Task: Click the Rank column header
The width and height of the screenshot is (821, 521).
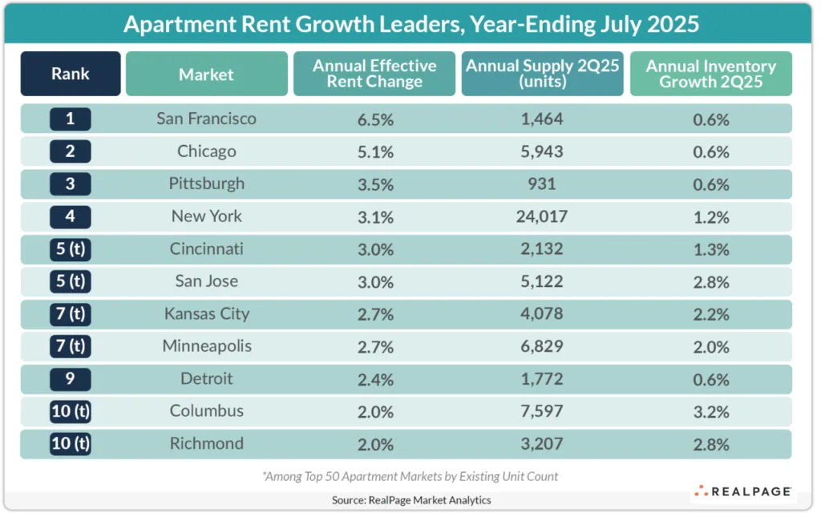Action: click(x=71, y=74)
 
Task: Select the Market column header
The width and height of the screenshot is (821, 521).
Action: click(x=206, y=75)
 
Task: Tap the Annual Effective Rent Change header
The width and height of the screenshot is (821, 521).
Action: click(x=374, y=74)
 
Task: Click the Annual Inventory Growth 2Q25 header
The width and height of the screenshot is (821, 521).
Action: click(x=710, y=74)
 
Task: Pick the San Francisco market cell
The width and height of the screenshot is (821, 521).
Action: click(x=206, y=119)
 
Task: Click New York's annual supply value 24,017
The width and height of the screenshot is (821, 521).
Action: click(x=542, y=216)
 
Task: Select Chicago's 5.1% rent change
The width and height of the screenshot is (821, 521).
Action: click(x=374, y=151)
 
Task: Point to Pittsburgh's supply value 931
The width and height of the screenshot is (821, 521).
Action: click(x=542, y=184)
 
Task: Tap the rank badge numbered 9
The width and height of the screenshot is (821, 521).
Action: click(x=71, y=378)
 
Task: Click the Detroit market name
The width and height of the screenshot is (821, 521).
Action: click(x=206, y=378)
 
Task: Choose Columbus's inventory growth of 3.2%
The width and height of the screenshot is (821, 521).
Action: click(x=710, y=411)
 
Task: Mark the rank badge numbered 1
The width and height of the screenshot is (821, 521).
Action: click(x=71, y=119)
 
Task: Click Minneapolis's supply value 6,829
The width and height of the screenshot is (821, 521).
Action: click(x=542, y=346)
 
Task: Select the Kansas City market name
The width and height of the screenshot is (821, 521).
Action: click(x=206, y=313)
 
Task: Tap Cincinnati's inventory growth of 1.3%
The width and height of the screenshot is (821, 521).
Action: click(x=710, y=248)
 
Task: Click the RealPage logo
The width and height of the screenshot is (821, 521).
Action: click(x=742, y=491)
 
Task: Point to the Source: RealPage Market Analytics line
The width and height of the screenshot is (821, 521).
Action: click(x=410, y=500)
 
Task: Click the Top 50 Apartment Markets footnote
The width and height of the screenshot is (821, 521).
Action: click(x=410, y=476)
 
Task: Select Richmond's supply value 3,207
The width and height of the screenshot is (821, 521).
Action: click(x=542, y=443)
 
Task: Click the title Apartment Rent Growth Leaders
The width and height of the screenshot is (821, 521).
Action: click(x=410, y=24)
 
